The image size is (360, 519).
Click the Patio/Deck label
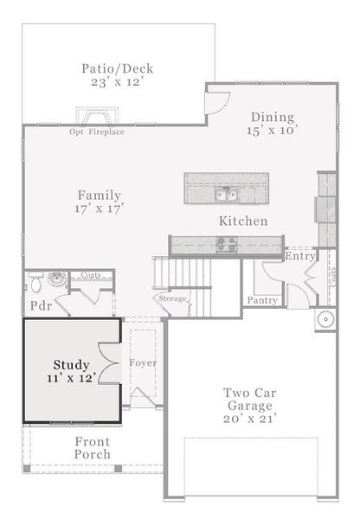point(118,69)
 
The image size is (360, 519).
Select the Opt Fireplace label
point(97,131)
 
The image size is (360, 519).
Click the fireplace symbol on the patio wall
point(97,116)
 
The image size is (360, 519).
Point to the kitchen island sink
point(226,195)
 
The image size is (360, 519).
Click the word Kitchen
point(243,221)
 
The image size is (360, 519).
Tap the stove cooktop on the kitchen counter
point(227,245)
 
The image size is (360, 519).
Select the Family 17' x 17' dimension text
point(99,208)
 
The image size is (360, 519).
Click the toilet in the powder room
point(35,282)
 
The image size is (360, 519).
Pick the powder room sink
point(56,279)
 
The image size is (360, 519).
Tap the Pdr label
point(41,306)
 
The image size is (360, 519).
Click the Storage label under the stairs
point(172,298)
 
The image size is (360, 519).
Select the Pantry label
point(262,300)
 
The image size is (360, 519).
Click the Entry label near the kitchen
point(299,256)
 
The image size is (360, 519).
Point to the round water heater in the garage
point(326,319)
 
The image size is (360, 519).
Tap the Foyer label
point(143,362)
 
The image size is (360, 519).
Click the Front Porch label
point(93,447)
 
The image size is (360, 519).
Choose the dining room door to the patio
point(217,103)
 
